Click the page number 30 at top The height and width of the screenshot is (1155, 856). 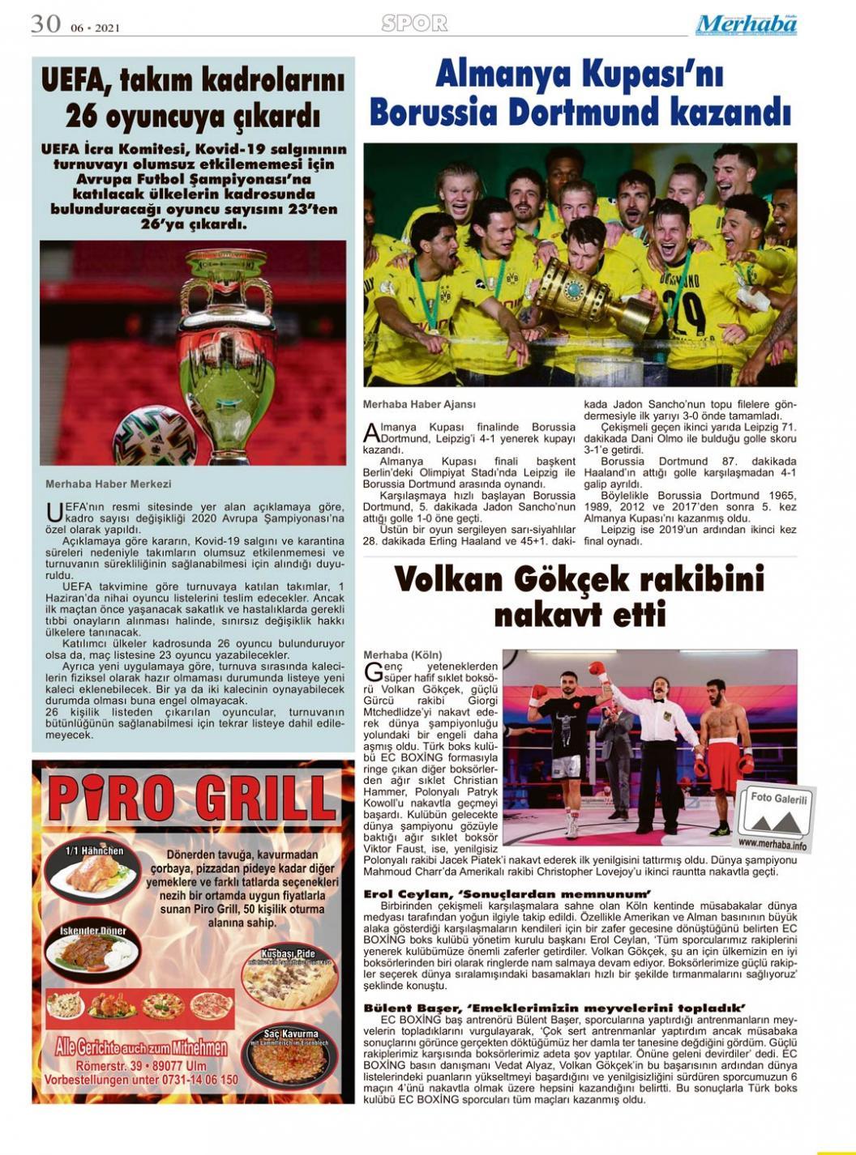pyautogui.click(x=45, y=23)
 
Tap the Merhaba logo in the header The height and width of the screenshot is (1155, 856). pyautogui.click(x=746, y=24)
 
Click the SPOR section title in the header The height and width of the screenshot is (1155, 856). pyautogui.click(x=414, y=23)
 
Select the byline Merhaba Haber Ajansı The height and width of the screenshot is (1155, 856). pyautogui.click(x=419, y=403)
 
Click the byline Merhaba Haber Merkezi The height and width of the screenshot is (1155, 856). pyautogui.click(x=108, y=484)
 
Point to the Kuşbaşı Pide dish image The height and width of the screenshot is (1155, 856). pyautogui.click(x=289, y=976)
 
